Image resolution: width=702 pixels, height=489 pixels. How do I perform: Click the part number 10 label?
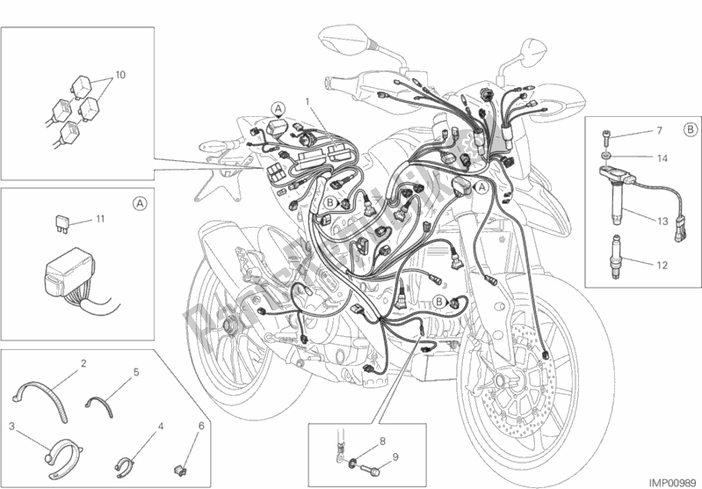point(120,75)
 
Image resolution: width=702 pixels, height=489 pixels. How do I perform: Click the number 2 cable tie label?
point(83,362)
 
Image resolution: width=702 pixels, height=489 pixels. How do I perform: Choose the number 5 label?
point(136,372)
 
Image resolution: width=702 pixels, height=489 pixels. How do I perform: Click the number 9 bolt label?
point(395,456)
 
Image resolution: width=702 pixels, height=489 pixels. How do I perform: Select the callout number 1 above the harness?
point(307,101)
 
